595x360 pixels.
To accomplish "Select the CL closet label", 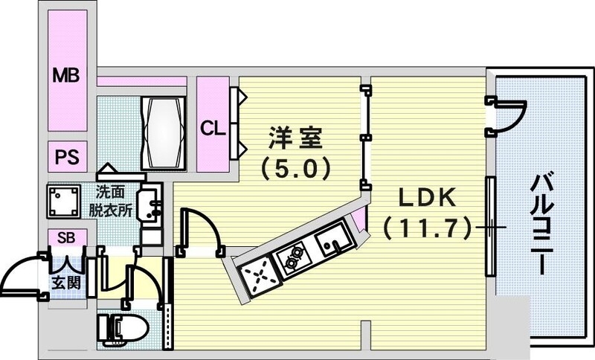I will [212, 127].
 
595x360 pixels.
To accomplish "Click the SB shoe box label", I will [66, 238].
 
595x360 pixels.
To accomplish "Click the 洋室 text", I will [295, 139].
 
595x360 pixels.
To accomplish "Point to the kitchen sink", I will [329, 240].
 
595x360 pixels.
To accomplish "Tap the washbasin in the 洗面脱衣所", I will [152, 205].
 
